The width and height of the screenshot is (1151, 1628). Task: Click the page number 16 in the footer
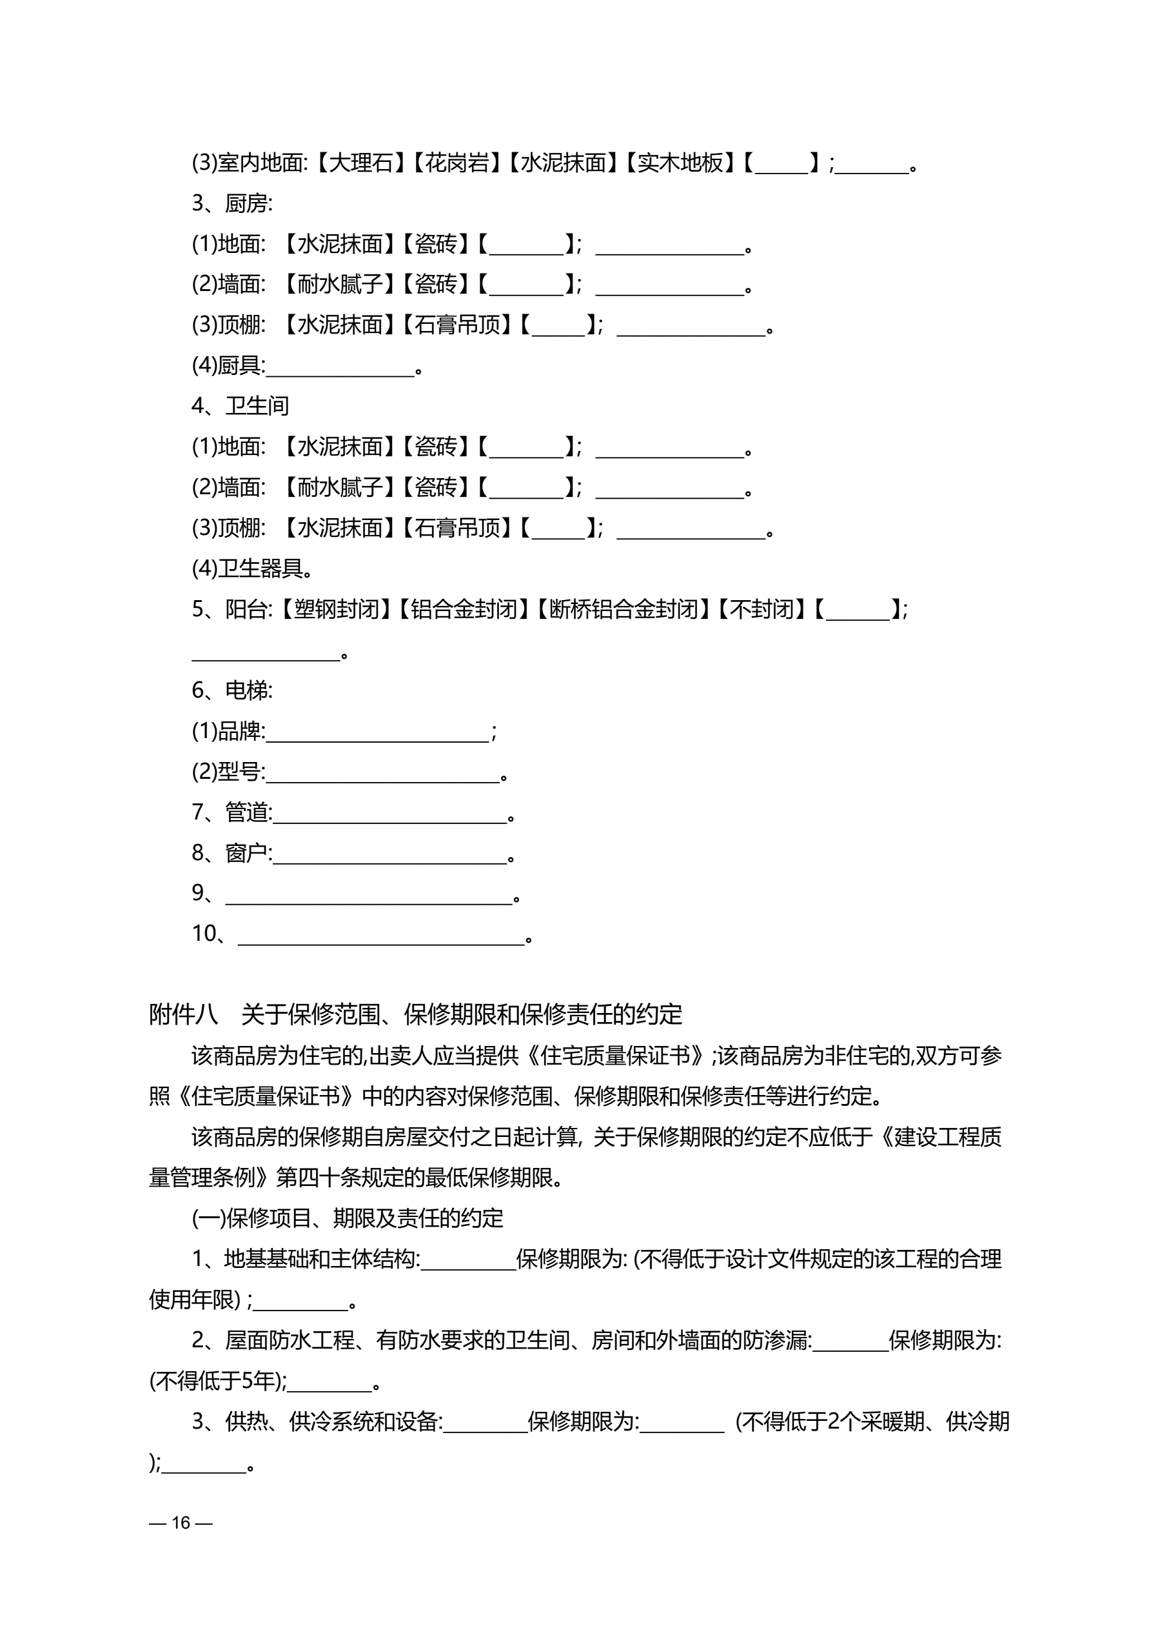click(x=181, y=1522)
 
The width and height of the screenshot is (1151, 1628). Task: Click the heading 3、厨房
click(x=231, y=203)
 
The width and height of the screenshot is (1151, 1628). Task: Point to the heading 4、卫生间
click(x=241, y=406)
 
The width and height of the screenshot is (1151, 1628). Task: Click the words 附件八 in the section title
click(x=184, y=1014)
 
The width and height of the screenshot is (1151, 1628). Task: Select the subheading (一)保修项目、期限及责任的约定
click(x=348, y=1218)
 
